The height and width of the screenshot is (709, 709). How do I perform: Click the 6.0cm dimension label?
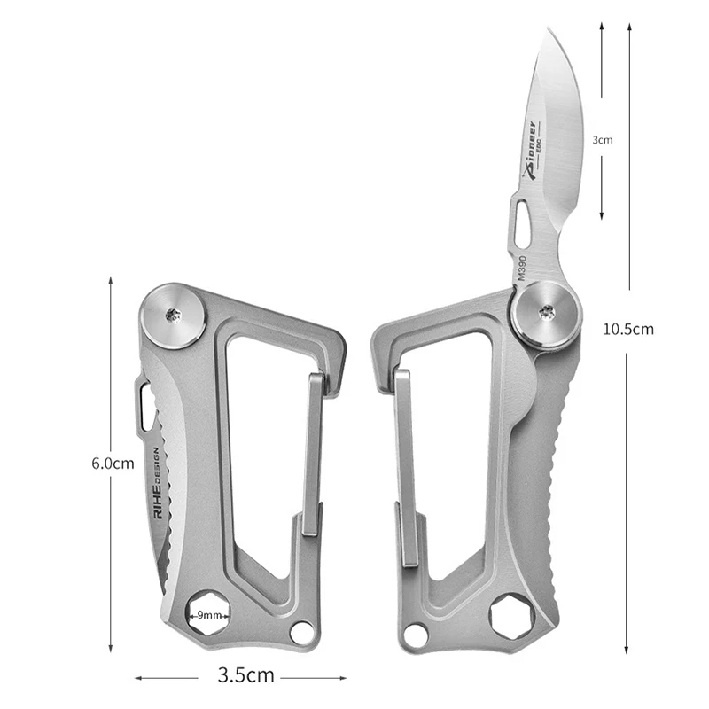coord(113,463)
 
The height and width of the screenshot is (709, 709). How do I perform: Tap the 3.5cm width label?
coord(246,674)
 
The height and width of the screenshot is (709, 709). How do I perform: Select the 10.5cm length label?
coord(628,329)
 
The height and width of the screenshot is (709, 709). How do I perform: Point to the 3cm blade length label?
coord(603,140)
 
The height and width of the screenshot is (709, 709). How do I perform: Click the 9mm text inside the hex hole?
coord(209,615)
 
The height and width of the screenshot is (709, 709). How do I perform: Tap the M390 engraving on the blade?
coord(522,269)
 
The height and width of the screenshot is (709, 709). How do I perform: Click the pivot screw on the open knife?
coord(547,312)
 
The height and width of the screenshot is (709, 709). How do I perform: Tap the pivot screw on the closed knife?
coord(174,316)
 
